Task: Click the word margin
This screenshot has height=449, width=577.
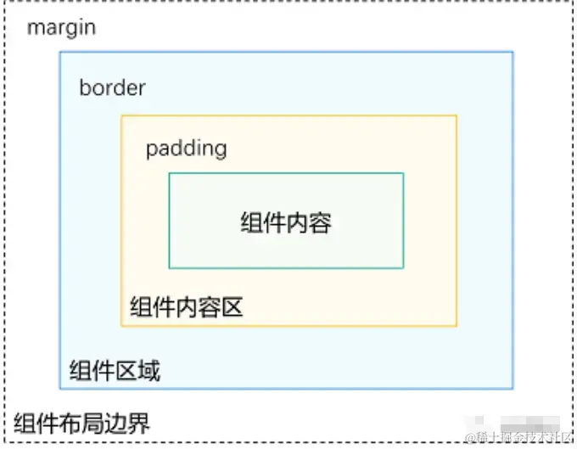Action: [61, 27]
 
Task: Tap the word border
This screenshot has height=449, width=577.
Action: [112, 87]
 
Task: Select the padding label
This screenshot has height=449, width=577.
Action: [186, 149]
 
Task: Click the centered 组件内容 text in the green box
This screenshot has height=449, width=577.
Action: [285, 223]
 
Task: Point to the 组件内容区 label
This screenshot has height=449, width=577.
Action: [186, 306]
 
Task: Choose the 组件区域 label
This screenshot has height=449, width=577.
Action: [115, 371]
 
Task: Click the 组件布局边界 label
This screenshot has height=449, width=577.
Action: [82, 421]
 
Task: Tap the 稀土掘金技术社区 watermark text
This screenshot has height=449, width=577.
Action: [518, 436]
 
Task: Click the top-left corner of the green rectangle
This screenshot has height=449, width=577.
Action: [170, 173]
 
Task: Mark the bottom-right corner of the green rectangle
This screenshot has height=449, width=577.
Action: [403, 267]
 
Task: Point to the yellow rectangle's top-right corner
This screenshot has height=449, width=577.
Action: [457, 116]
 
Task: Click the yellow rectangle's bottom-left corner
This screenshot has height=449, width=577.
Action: [121, 326]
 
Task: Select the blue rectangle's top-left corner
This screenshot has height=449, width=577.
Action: [59, 52]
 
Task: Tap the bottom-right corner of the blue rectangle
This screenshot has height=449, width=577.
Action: [513, 389]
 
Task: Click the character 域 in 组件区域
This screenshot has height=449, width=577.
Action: [148, 371]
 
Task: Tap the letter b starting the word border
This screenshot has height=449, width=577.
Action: [85, 87]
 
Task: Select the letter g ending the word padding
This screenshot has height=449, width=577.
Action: [220, 150]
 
